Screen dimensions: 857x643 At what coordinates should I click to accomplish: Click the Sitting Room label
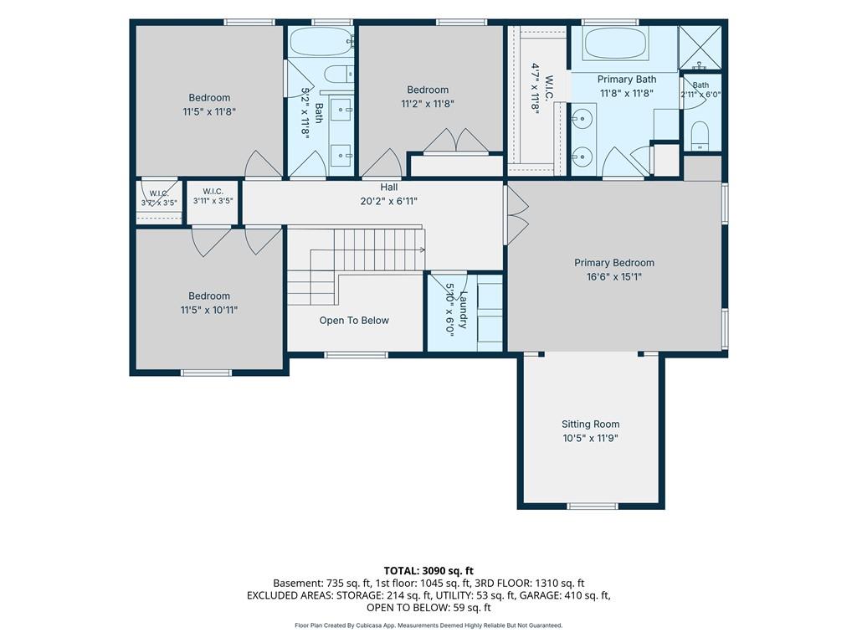pyautogui.click(x=590, y=424)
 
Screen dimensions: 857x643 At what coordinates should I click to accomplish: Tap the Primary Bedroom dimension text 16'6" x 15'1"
pyautogui.click(x=613, y=276)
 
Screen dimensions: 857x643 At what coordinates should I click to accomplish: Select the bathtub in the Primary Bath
pyautogui.click(x=616, y=43)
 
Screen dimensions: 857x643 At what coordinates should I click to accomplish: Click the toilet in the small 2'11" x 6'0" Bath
pyautogui.click(x=700, y=135)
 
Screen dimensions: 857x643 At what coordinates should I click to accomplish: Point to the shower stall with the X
pyautogui.click(x=700, y=48)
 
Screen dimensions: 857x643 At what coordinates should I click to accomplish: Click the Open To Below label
pyautogui.click(x=354, y=321)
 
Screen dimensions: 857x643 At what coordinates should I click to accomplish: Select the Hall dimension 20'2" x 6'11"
pyautogui.click(x=388, y=201)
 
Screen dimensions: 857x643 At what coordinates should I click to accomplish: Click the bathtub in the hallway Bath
pyautogui.click(x=321, y=42)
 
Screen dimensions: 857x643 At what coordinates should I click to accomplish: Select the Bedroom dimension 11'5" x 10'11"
pyautogui.click(x=208, y=310)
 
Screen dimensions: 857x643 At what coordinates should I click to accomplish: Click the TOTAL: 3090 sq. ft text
pyautogui.click(x=428, y=571)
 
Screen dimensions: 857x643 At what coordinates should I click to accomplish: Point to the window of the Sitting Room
pyautogui.click(x=593, y=506)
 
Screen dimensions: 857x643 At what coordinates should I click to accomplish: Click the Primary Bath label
pyautogui.click(x=626, y=80)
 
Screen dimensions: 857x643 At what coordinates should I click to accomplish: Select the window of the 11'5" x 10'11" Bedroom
pyautogui.click(x=206, y=373)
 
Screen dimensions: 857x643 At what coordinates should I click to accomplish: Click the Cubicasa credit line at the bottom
pyautogui.click(x=428, y=625)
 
